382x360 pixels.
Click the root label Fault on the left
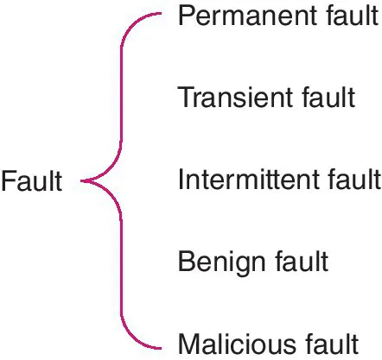point(32,181)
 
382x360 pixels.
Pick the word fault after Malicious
point(328,342)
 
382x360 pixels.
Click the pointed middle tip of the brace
point(82,180)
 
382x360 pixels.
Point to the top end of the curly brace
point(162,15)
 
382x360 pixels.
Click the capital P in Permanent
point(185,16)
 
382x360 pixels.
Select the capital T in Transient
point(184,98)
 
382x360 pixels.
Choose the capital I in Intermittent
point(181,180)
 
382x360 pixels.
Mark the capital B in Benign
point(185,261)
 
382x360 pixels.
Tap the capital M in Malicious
point(187,342)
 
